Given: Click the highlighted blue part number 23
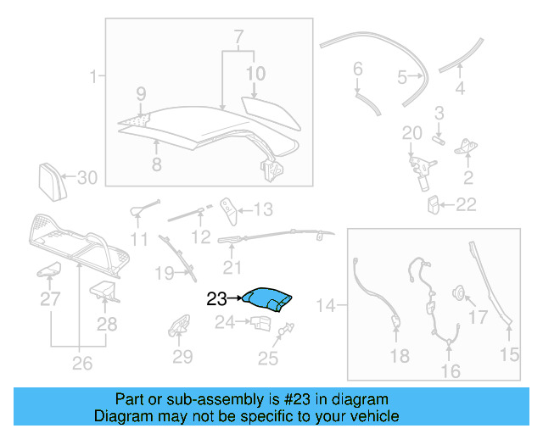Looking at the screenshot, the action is [x=267, y=298].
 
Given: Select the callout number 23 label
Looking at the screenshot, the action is [x=217, y=298].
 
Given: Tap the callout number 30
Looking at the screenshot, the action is [x=88, y=178].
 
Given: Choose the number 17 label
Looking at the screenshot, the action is [x=479, y=317].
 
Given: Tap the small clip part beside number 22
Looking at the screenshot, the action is [x=434, y=204].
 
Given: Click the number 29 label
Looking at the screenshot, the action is [x=183, y=357].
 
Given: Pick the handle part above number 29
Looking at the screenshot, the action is [x=181, y=325].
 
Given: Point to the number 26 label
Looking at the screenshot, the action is [x=81, y=364].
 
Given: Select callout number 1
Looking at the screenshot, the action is [x=92, y=78].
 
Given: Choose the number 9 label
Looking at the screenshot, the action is [x=141, y=93].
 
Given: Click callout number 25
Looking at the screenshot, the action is [x=268, y=359].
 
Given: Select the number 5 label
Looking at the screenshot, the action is [x=402, y=78].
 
